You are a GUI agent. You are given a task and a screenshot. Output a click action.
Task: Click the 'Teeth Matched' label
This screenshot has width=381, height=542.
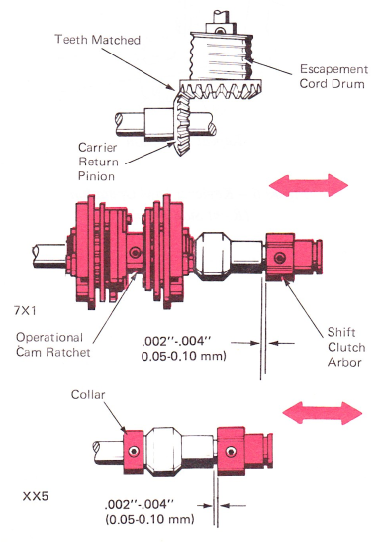pos(98,40)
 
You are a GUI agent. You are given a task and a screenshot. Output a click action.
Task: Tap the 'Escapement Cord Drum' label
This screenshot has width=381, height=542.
pos(333,76)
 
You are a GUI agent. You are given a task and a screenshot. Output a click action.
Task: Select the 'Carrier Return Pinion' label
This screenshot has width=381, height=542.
pos(98,162)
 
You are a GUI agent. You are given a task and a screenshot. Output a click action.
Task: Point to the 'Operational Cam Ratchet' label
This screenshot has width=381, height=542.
pos(52,345)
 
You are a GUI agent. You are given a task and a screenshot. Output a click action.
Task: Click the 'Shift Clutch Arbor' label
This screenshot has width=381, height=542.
pos(346,347)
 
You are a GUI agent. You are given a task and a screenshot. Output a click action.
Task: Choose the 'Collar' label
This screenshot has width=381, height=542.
pos(88,394)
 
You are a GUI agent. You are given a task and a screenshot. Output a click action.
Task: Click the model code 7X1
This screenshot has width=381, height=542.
pos(25,311)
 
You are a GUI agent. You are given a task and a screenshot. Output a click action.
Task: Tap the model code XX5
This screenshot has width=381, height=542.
pos(36,497)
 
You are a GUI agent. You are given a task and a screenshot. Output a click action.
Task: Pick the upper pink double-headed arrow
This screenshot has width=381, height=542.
pos(309,185)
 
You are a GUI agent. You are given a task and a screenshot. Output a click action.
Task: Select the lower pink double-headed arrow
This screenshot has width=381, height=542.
pos(323,413)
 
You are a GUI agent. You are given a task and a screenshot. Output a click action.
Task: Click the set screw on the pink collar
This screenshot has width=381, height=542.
pos(134,451)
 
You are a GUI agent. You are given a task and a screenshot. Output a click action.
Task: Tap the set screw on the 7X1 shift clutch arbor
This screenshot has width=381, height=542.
pos(279,258)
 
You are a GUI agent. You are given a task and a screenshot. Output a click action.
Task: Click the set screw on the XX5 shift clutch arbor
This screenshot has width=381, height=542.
pos(231,451)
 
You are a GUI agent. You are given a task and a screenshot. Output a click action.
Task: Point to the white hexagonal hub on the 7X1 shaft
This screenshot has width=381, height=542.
pos(212,255)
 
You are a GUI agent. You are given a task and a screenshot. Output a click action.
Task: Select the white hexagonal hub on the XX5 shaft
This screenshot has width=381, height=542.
pos(163,451)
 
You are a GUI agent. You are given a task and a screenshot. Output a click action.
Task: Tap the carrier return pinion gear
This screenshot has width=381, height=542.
pos(182,123)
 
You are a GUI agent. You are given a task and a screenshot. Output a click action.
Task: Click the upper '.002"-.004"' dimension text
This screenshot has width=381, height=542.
pos(176,342)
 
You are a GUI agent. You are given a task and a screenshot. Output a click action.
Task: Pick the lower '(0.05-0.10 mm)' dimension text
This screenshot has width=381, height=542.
pos(149,519)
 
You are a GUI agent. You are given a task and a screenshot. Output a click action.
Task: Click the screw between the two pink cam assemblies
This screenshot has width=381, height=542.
pos(136,252)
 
